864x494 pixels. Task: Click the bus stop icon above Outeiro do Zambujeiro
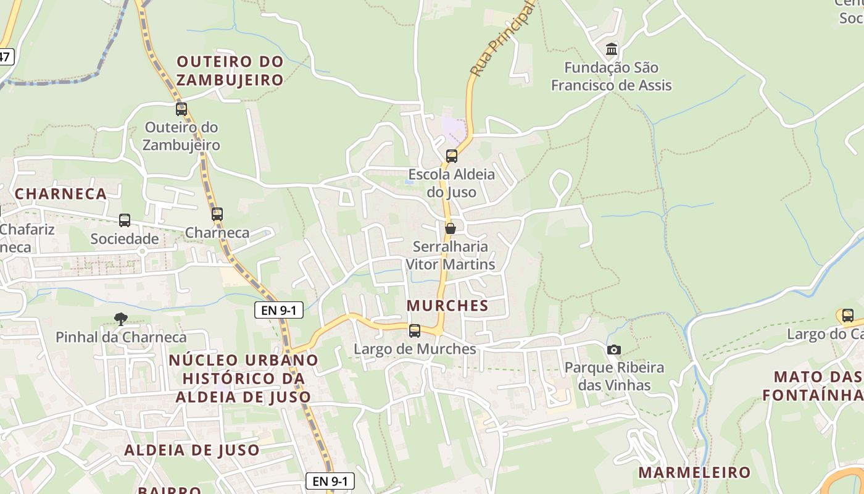(x=181, y=109)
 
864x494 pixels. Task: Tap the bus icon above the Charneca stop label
(x=217, y=214)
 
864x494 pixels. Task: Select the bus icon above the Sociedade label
(x=125, y=220)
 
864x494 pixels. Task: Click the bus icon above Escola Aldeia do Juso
(x=452, y=156)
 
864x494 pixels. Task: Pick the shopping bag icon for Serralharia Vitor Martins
(x=451, y=228)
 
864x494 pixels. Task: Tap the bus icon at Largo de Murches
(x=415, y=331)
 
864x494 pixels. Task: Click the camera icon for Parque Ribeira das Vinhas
(x=613, y=350)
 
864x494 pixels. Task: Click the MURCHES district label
(x=448, y=306)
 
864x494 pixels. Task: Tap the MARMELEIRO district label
(x=694, y=473)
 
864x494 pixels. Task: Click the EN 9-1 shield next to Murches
(x=279, y=310)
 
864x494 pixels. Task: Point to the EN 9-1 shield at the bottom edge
(x=330, y=481)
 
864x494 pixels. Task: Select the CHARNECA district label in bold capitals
(x=60, y=194)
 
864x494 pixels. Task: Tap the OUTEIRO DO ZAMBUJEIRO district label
(x=230, y=70)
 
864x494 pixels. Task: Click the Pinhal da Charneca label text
(x=121, y=337)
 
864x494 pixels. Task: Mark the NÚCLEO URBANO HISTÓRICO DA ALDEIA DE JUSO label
(x=243, y=378)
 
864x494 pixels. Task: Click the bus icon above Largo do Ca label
(x=848, y=316)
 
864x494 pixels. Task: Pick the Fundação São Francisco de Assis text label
(x=611, y=77)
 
